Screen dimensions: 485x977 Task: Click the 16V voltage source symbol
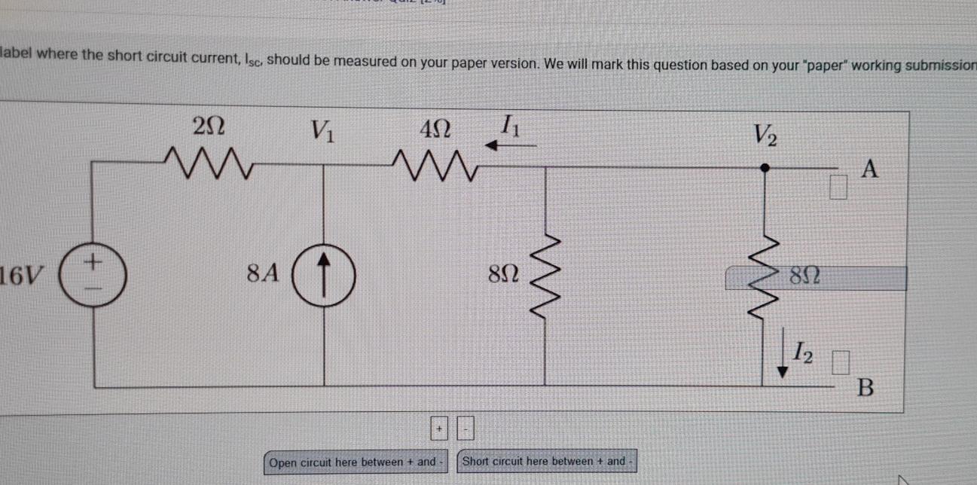click(x=93, y=276)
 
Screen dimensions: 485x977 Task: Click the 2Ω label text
click(x=207, y=127)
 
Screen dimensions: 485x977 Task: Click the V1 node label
click(x=323, y=134)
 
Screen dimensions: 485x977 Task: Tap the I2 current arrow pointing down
click(x=783, y=359)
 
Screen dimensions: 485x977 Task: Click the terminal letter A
click(x=870, y=170)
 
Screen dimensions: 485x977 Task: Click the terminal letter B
click(x=866, y=389)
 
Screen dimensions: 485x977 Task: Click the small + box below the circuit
click(x=439, y=429)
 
